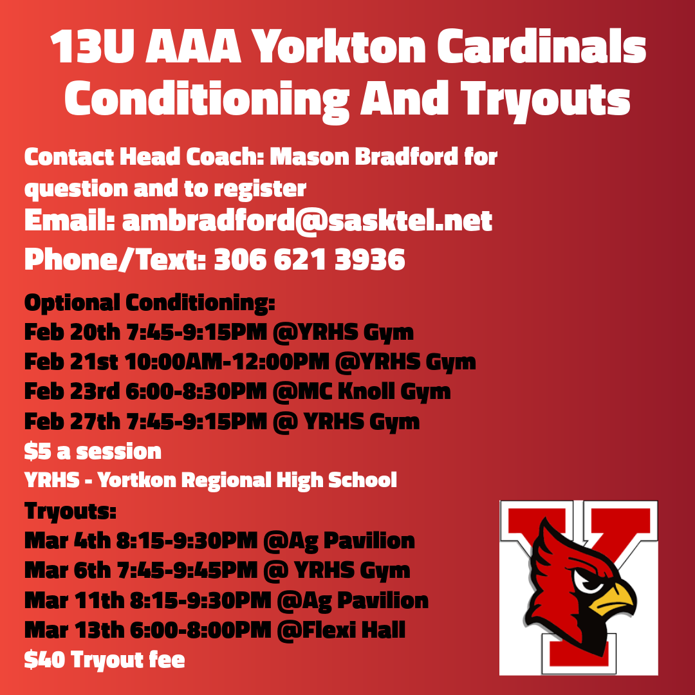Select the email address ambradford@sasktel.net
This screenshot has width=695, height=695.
307,221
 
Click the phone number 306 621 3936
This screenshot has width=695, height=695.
309,259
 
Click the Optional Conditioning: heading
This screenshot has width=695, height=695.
149,302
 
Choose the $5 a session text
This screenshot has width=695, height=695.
93,451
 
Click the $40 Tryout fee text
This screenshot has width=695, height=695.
104,660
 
